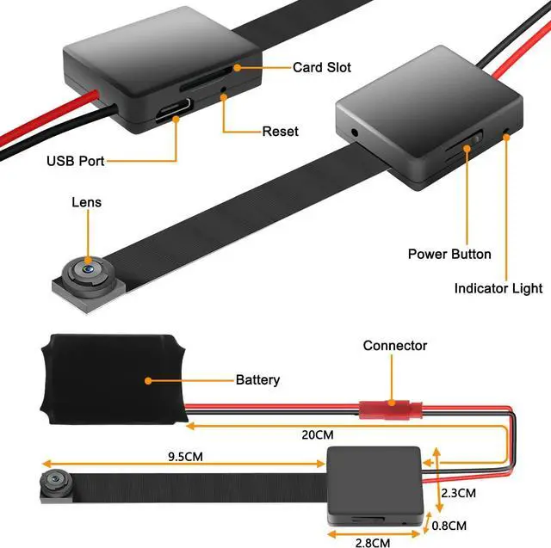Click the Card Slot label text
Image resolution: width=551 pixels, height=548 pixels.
pyautogui.click(x=321, y=67)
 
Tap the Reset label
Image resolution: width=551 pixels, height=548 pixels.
pyautogui.click(x=280, y=132)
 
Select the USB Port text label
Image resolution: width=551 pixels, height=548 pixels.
pyautogui.click(x=76, y=161)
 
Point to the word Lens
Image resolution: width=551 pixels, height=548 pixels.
pyautogui.click(x=86, y=202)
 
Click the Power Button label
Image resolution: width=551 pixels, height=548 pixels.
pyautogui.click(x=449, y=254)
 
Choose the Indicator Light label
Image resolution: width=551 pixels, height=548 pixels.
pyautogui.click(x=498, y=288)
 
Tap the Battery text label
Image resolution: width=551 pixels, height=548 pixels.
pyautogui.click(x=257, y=380)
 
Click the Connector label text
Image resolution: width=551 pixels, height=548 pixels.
pyautogui.click(x=395, y=346)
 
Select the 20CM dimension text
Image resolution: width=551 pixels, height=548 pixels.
pyautogui.click(x=318, y=435)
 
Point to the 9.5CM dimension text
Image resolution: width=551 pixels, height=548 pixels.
pyautogui.click(x=185, y=457)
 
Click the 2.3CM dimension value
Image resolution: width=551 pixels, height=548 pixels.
pyautogui.click(x=459, y=493)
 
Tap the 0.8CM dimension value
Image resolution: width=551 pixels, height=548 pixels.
pyautogui.click(x=449, y=526)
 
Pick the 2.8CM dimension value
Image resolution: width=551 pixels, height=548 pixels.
pyautogui.click(x=373, y=543)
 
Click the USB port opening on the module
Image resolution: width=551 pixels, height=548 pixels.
pyautogui.click(x=174, y=109)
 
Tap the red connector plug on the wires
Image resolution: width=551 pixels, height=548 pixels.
pyautogui.click(x=390, y=409)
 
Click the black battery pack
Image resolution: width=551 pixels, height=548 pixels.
pyautogui.click(x=114, y=379)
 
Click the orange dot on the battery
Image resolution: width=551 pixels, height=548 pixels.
pyautogui.click(x=148, y=380)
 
